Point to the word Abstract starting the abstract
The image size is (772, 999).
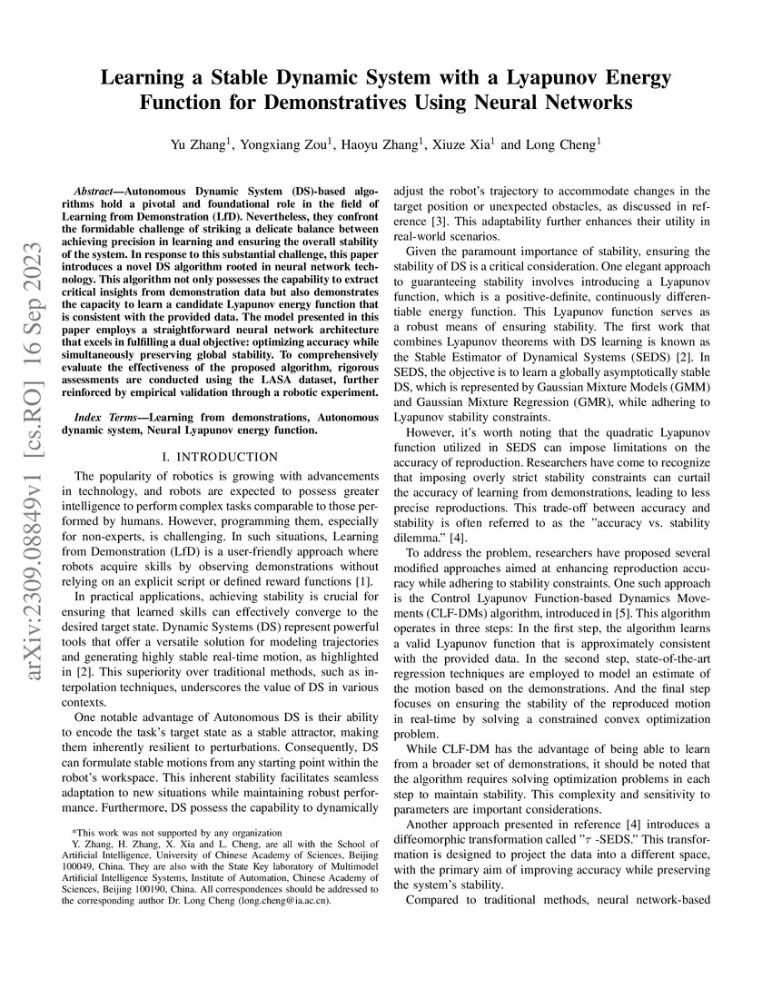click(x=95, y=193)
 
